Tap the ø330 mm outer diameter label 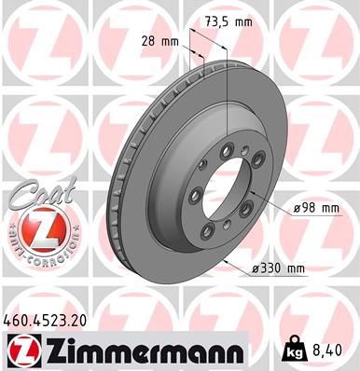click(279, 269)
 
